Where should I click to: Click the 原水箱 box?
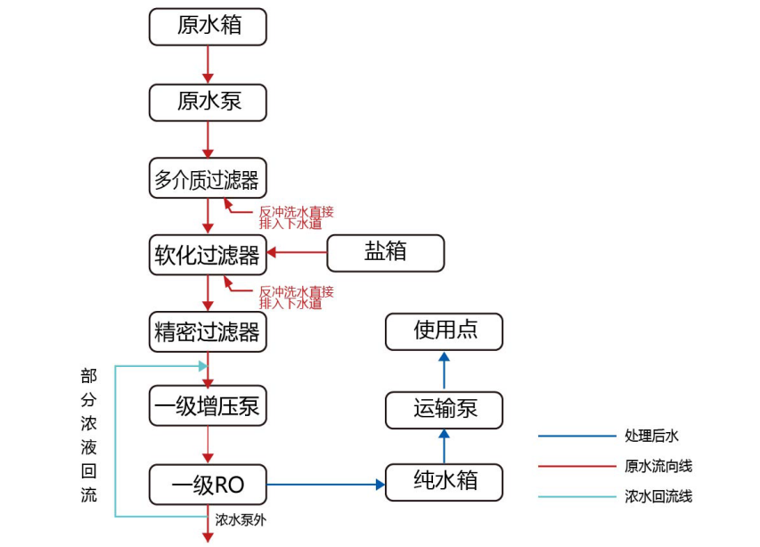coord(208,27)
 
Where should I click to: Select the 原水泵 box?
coord(208,102)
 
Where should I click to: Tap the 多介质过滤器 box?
coord(208,180)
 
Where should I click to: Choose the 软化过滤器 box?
coord(208,256)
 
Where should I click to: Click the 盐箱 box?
coord(385,253)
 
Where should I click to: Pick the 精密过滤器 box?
coord(208,331)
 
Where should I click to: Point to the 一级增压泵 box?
coord(208,407)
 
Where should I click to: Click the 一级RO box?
coord(208,484)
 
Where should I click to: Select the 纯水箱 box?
coord(445,482)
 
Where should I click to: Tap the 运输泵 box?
coord(445,410)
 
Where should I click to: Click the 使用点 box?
coord(445,331)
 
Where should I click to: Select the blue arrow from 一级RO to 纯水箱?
coord(326,485)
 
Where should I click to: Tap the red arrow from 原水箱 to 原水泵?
coord(208,64)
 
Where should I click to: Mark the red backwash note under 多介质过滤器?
coord(296,217)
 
